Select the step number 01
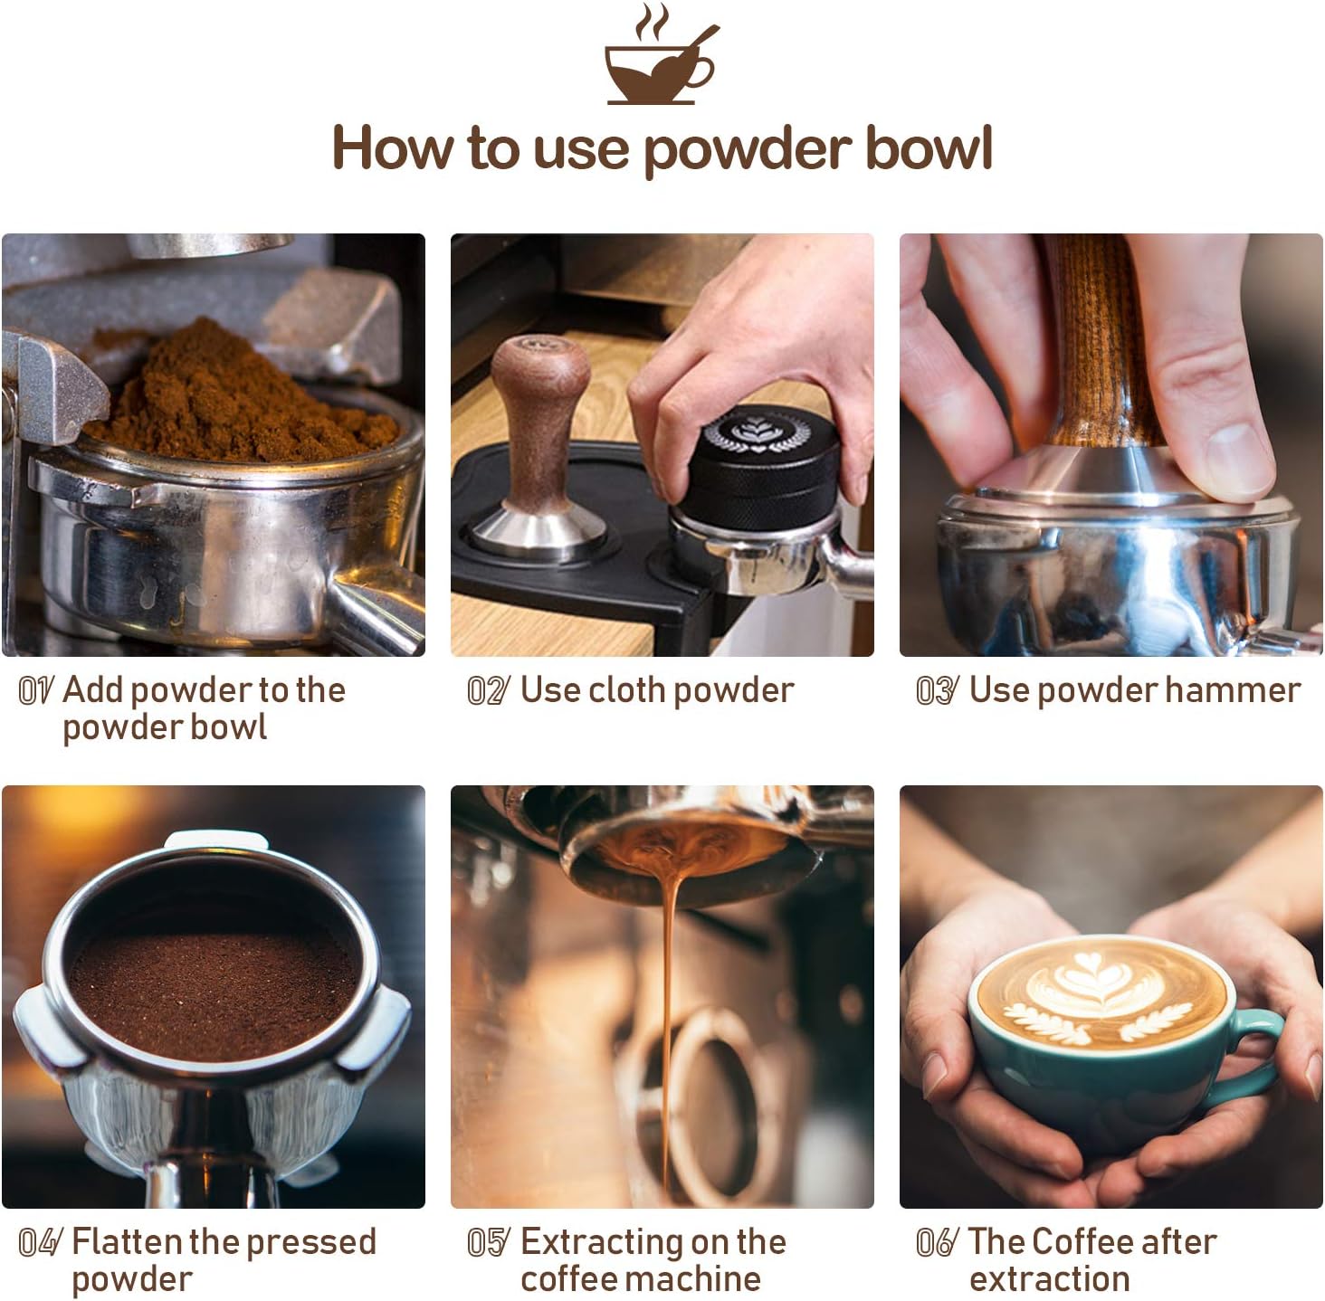tap(35, 690)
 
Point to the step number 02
tap(488, 690)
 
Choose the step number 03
tap(938, 690)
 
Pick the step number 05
tap(489, 1242)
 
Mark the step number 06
tap(938, 1242)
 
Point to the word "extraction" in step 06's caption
tap(1049, 1279)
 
